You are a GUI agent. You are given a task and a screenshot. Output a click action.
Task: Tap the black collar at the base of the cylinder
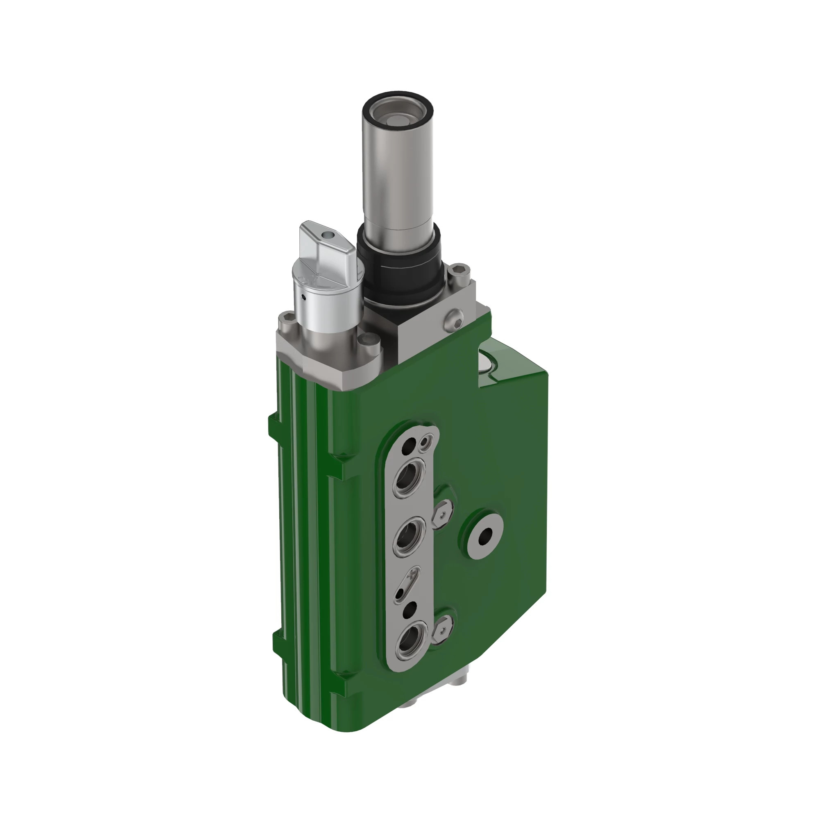click(x=398, y=271)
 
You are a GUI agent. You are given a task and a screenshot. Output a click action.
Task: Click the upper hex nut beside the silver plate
click(x=442, y=515)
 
